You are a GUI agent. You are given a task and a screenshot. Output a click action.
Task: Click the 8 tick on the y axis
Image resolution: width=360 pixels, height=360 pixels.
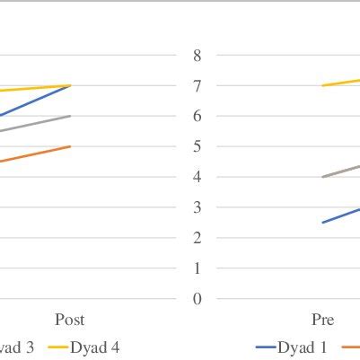(197, 55)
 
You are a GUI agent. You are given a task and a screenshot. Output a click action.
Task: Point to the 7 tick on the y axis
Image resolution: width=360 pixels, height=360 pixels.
(197, 85)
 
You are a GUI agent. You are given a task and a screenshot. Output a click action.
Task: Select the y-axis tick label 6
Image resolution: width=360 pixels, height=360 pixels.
(197, 116)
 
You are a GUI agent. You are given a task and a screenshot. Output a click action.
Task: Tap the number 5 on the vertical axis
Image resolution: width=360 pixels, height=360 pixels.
(197, 146)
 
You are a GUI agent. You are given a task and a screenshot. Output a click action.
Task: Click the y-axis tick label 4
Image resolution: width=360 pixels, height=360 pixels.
(197, 177)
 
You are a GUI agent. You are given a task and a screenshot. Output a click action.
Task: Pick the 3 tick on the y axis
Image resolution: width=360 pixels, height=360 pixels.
(197, 207)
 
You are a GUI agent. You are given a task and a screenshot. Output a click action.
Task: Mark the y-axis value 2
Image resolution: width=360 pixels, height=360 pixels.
(197, 238)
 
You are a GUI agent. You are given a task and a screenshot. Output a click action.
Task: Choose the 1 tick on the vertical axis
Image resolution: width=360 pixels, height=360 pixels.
(197, 268)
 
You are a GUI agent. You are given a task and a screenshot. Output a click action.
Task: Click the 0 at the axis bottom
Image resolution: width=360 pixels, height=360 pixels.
(197, 299)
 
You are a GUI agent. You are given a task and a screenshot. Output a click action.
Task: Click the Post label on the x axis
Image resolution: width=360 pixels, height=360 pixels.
(70, 320)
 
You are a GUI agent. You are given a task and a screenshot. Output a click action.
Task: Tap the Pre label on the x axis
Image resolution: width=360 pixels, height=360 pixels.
(322, 320)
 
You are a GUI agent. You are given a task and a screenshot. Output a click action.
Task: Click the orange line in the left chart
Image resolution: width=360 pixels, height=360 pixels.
(36, 154)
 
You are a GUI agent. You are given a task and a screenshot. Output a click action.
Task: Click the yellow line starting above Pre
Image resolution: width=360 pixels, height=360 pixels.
(341, 83)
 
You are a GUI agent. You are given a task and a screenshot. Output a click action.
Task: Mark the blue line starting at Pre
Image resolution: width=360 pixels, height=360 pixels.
(341, 215)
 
